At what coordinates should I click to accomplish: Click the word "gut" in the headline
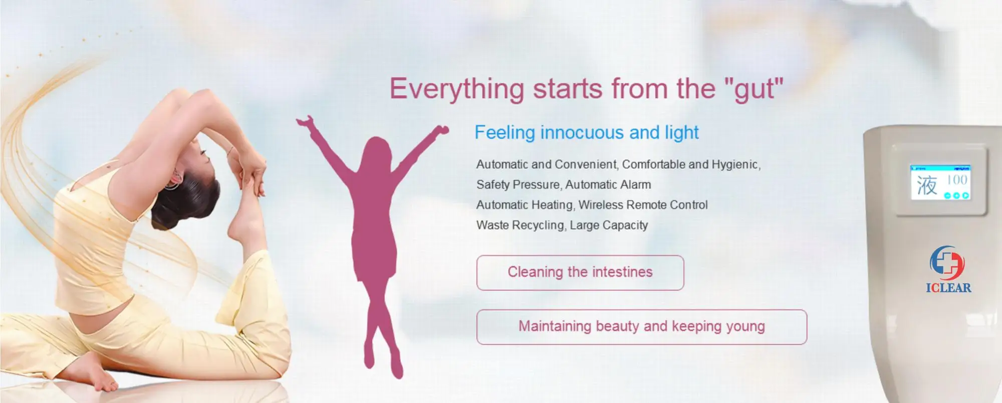pyautogui.click(x=754, y=89)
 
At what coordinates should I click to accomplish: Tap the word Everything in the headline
pyautogui.click(x=457, y=89)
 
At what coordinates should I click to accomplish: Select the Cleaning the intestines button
pyautogui.click(x=580, y=273)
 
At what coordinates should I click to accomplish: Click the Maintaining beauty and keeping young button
pyautogui.click(x=642, y=327)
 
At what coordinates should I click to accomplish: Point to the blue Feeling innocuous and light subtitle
pyautogui.click(x=587, y=133)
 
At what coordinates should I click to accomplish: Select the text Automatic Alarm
pyautogui.click(x=608, y=185)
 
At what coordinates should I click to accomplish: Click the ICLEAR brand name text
pyautogui.click(x=948, y=287)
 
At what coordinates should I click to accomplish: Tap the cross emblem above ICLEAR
pyautogui.click(x=947, y=263)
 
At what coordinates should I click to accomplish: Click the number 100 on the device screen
pyautogui.click(x=957, y=180)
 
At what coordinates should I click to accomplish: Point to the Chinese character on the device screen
pyautogui.click(x=927, y=185)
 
